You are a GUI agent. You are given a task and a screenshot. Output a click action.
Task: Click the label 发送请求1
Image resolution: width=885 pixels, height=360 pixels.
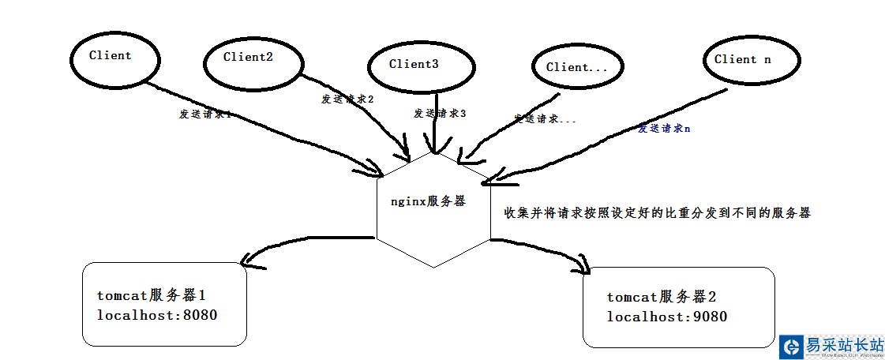[x=204, y=114]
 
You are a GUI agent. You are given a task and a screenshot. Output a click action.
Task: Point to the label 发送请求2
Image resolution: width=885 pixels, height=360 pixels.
[x=347, y=99]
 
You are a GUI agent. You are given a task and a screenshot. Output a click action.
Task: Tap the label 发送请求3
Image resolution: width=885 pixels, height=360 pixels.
[x=440, y=113]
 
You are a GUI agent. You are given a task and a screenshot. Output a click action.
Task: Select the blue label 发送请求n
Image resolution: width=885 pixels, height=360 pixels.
[x=664, y=127]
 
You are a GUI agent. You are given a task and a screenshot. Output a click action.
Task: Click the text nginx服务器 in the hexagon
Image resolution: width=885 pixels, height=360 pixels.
[x=428, y=201]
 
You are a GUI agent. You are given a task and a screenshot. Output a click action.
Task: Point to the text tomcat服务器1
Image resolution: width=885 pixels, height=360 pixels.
[x=152, y=296]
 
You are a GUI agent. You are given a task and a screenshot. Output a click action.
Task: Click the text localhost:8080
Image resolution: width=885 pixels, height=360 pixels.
[x=156, y=315]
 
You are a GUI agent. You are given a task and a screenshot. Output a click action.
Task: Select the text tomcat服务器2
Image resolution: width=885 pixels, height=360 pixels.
[x=662, y=298]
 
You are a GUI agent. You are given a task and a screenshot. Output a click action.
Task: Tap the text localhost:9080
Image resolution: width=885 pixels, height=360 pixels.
[x=666, y=317]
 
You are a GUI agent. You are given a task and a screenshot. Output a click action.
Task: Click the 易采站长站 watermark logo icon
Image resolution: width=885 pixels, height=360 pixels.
[x=791, y=347]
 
